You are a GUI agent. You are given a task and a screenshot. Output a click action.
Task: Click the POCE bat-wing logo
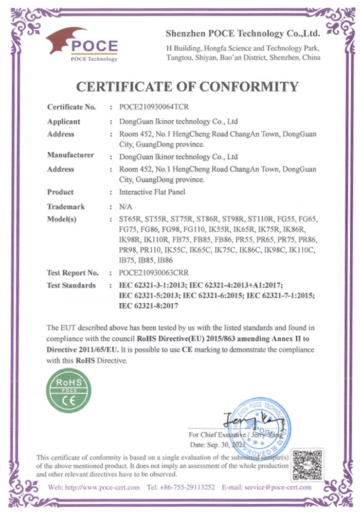82,44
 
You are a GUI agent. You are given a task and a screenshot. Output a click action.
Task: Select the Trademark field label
66,207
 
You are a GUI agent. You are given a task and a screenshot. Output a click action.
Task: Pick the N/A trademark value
126,207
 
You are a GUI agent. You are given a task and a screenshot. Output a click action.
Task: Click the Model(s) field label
62,219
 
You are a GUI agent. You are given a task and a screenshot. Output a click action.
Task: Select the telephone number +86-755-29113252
188,487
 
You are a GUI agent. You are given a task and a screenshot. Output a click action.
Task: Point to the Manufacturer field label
70,155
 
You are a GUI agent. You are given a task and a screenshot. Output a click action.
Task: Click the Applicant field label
64,122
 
